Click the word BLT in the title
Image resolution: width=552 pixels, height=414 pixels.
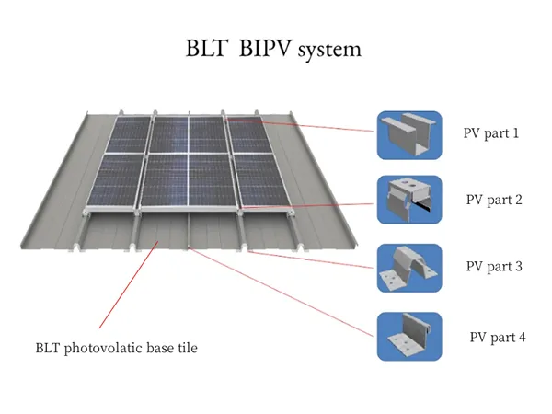pos(205,48)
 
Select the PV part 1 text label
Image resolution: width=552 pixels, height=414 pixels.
pos(491,132)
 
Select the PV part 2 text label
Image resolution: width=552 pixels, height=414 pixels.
pos(494,199)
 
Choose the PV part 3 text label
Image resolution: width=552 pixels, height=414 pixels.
pos(494,267)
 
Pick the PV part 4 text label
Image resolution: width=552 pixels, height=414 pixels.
pos(498,337)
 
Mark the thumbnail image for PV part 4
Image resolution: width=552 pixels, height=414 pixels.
pos(409,337)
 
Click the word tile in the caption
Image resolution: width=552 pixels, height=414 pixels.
pos(188,349)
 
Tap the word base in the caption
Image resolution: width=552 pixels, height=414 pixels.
pos(161,349)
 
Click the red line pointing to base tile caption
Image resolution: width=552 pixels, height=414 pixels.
pos(129,286)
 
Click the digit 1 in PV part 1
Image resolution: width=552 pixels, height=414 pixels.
pos(515,132)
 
